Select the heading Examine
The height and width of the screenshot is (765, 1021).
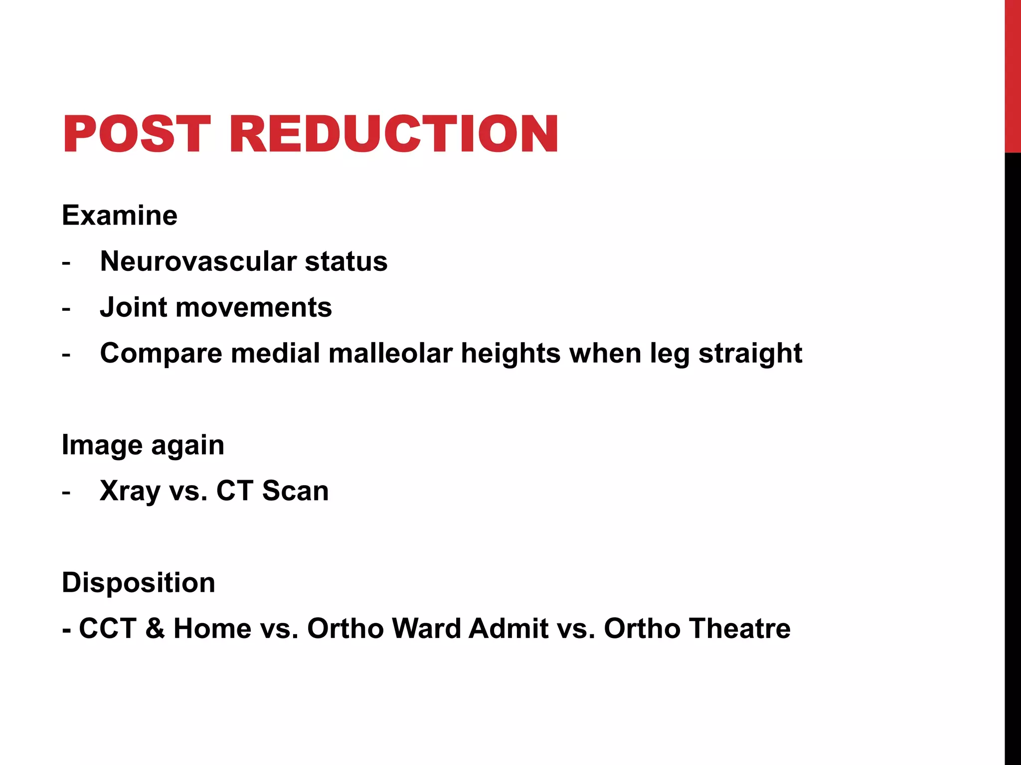click(120, 216)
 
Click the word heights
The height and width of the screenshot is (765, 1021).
click(511, 353)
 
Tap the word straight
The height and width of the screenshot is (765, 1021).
click(750, 354)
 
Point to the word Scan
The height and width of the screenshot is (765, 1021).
click(296, 491)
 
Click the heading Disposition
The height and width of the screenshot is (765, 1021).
click(139, 583)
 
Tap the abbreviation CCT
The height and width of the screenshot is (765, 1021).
click(108, 629)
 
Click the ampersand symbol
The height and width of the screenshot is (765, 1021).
click(155, 629)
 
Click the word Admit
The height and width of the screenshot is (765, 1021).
click(508, 629)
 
